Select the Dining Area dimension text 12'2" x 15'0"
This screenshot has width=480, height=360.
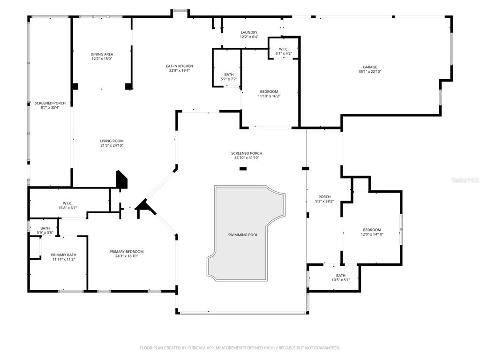(x=102, y=59)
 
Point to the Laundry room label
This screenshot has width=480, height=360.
(x=249, y=32)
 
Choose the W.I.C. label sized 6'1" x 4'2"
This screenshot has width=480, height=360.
(x=284, y=49)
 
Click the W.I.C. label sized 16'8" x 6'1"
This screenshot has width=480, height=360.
(x=67, y=203)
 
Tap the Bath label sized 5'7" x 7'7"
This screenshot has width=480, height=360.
(x=229, y=75)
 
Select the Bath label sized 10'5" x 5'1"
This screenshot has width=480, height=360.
(x=341, y=276)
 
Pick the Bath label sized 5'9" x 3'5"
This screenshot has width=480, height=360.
(x=45, y=228)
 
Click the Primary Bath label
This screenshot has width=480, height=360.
(x=63, y=255)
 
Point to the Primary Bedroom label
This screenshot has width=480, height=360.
(x=127, y=252)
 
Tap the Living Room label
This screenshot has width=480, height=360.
(x=112, y=141)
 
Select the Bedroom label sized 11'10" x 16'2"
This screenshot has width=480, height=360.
(x=269, y=91)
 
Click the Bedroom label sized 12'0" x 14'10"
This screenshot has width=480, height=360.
(x=372, y=230)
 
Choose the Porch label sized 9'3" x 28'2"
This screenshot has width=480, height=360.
(x=324, y=197)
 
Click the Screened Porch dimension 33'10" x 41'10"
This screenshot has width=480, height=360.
(x=247, y=158)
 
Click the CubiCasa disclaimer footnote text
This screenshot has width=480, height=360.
(x=240, y=348)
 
